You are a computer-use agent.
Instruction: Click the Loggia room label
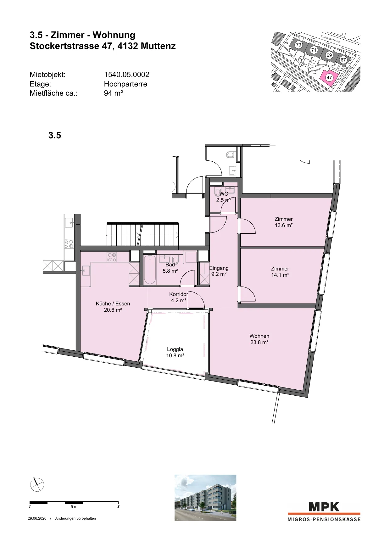click(x=175, y=352)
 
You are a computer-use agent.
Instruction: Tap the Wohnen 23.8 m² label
click(x=259, y=339)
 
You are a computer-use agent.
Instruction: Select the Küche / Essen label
click(x=113, y=307)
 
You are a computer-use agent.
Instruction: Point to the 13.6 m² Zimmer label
click(x=284, y=222)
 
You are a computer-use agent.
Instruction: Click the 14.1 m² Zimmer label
click(x=280, y=272)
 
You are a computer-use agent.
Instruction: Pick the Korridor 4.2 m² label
click(x=179, y=297)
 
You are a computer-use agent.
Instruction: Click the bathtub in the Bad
click(x=150, y=270)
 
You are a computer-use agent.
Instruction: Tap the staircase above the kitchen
click(x=143, y=234)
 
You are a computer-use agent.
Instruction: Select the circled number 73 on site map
click(x=298, y=45)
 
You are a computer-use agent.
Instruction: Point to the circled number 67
click(x=343, y=60)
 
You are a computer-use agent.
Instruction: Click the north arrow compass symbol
click(x=37, y=484)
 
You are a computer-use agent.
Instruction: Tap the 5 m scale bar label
click(x=74, y=507)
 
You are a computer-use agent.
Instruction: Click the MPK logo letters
click(x=324, y=507)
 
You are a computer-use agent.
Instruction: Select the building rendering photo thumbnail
click(x=205, y=498)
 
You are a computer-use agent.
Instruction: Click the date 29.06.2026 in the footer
click(x=37, y=518)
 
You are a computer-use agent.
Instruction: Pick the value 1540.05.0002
click(x=127, y=75)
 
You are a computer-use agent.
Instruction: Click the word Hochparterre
click(x=125, y=84)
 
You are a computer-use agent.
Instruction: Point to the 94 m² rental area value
click(x=113, y=93)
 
